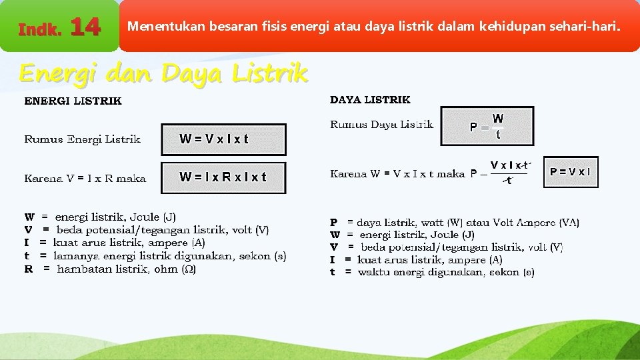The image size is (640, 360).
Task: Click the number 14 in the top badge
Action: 85,27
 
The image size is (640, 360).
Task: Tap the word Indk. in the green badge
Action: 40,29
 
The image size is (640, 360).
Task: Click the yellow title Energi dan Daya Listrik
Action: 163,73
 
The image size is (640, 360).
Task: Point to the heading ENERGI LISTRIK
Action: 73,101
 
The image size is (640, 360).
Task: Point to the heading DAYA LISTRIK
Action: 370,100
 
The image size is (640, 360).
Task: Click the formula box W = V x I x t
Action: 223,139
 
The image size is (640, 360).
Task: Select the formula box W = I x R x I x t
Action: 223,177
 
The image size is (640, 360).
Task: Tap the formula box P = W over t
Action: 487,126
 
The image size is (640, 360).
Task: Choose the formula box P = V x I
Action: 571,172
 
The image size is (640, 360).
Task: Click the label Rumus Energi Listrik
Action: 82,139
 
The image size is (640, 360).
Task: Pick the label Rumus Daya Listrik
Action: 381,125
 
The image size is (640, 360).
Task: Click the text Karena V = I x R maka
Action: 85,178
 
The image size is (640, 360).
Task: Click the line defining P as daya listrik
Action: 455,222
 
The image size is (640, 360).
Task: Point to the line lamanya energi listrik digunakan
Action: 155,256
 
